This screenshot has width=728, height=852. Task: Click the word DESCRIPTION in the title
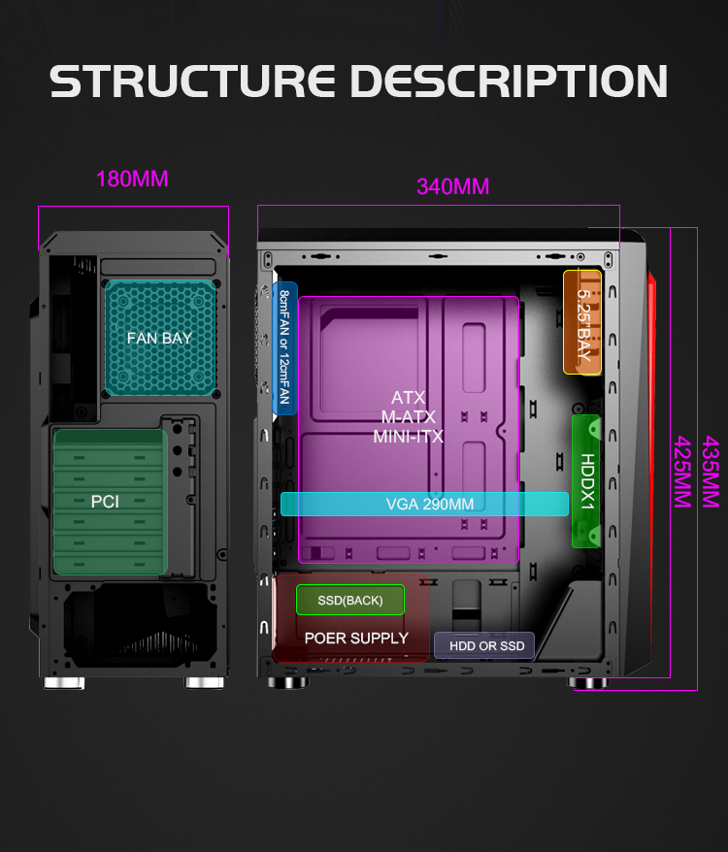(512, 81)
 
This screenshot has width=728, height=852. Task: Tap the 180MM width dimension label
(132, 180)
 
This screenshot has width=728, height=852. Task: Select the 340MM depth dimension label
(452, 186)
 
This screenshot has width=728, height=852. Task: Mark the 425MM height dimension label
(683, 471)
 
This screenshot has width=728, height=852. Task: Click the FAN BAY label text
(159, 339)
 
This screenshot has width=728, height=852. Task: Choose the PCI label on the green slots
(105, 502)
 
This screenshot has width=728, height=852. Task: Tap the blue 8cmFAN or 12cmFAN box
(284, 347)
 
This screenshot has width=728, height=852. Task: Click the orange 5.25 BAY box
(583, 321)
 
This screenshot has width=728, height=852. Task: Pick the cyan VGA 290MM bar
(424, 504)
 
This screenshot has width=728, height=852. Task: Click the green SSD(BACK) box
(350, 601)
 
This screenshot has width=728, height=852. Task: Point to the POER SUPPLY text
(356, 638)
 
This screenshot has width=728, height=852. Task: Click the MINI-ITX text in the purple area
(408, 437)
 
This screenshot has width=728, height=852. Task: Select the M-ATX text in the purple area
(408, 417)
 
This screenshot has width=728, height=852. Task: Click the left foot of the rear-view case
(64, 683)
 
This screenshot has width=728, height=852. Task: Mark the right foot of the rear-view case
(204, 683)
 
